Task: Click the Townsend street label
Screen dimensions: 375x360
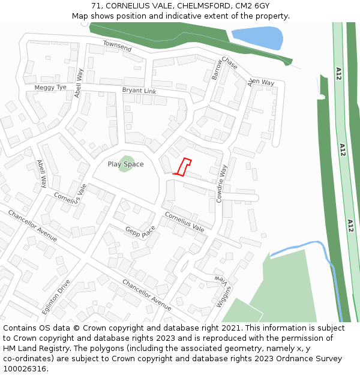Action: pyautogui.click(x=117, y=46)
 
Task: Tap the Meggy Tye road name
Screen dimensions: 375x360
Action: pyautogui.click(x=50, y=88)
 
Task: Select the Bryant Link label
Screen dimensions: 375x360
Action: pyautogui.click(x=139, y=91)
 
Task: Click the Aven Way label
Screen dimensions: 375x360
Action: pyautogui.click(x=261, y=82)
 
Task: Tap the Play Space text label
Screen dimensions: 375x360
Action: pyautogui.click(x=125, y=164)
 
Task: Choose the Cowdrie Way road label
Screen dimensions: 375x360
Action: pyautogui.click(x=222, y=183)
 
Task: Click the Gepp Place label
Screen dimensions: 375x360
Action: pyautogui.click(x=140, y=231)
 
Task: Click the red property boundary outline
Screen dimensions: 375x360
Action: pyautogui.click(x=183, y=166)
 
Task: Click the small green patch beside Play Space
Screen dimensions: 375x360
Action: pyautogui.click(x=127, y=163)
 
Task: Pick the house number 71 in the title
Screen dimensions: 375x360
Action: pyautogui.click(x=97, y=5)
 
